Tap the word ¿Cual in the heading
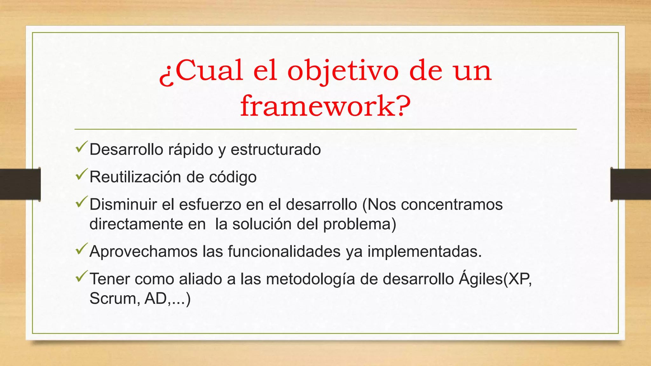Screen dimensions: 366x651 point(201,71)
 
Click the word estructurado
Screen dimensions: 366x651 point(276,150)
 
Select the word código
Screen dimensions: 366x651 point(233,177)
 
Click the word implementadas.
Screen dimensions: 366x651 point(425,252)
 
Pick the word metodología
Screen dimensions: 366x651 point(310,279)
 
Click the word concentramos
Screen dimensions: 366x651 point(452,205)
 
